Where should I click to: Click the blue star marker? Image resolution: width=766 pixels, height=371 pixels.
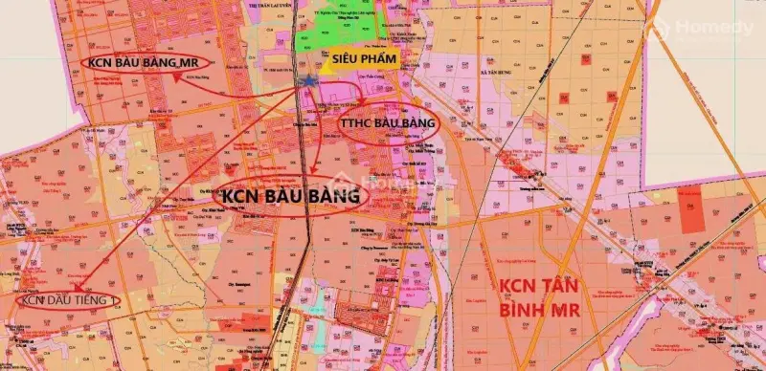pyautogui.click(x=309, y=83)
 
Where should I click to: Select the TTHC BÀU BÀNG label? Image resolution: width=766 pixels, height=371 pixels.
pyautogui.click(x=388, y=123)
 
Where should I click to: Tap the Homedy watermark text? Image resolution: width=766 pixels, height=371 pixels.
pyautogui.click(x=713, y=29)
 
